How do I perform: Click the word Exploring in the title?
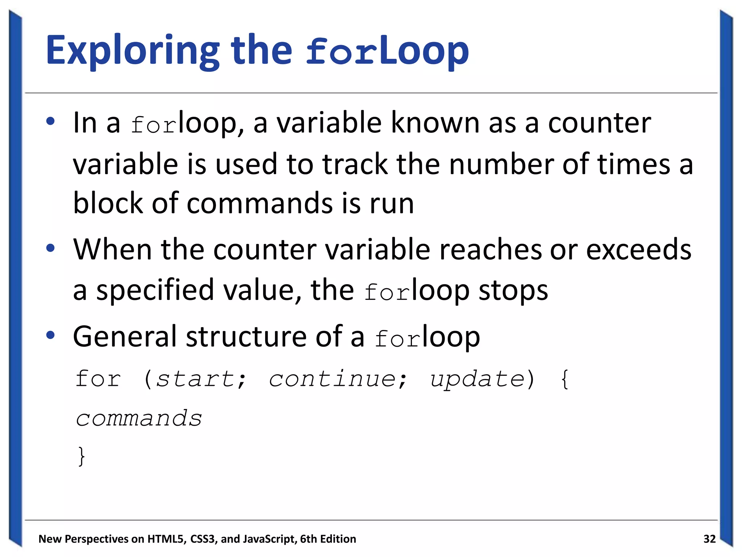point(133,51)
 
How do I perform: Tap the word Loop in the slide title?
point(424,51)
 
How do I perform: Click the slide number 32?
point(709,539)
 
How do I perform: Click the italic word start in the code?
point(196,379)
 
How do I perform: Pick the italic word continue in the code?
point(333,379)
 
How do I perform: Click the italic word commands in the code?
point(139,419)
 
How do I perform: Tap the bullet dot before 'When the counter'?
point(50,248)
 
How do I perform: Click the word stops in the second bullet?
point(513,291)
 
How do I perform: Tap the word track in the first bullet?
point(355,164)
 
